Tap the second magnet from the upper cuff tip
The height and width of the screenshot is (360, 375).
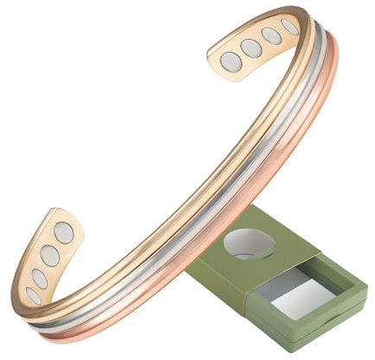pyautogui.click(x=251, y=47)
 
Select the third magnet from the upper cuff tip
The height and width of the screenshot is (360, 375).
pyautogui.click(x=270, y=36)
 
